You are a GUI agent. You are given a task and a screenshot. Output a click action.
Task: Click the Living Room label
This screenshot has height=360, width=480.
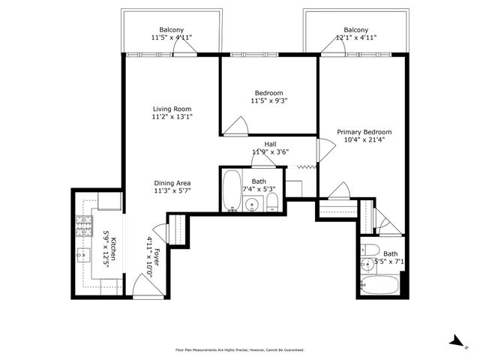point(172,109)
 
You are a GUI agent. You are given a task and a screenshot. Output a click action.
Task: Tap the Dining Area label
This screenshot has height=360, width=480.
point(172,183)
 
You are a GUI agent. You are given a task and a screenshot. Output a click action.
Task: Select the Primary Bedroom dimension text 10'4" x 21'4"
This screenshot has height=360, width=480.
point(364,140)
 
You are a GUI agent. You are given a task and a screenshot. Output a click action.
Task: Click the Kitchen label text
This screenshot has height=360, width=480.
point(113,248)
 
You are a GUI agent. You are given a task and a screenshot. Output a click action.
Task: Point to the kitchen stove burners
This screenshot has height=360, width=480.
point(84,226)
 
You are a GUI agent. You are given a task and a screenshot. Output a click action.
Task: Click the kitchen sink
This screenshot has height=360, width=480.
point(83,255)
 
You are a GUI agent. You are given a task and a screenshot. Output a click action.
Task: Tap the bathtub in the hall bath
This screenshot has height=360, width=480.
point(232,190)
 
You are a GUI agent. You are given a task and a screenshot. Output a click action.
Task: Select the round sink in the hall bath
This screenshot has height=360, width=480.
point(252,203)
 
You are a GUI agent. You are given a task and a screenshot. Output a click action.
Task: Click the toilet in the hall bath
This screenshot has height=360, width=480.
point(271,202)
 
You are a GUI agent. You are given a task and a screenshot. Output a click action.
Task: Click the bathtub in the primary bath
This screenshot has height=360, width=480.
point(379,285)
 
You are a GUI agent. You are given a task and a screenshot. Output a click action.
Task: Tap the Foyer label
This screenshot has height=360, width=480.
point(157,256)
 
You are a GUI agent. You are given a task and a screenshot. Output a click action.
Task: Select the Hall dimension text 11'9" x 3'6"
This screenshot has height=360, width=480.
point(271,151)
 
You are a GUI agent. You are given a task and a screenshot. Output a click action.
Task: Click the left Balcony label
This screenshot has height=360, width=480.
point(172,30)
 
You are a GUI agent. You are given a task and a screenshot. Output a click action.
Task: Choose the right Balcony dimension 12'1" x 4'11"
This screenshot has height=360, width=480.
point(356,37)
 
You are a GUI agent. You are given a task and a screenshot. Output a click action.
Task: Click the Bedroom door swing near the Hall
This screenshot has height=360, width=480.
point(235,126)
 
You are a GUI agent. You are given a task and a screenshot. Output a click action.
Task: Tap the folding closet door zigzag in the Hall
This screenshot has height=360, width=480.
point(307,166)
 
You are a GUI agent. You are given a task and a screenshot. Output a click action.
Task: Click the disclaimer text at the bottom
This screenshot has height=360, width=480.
point(240,349)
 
